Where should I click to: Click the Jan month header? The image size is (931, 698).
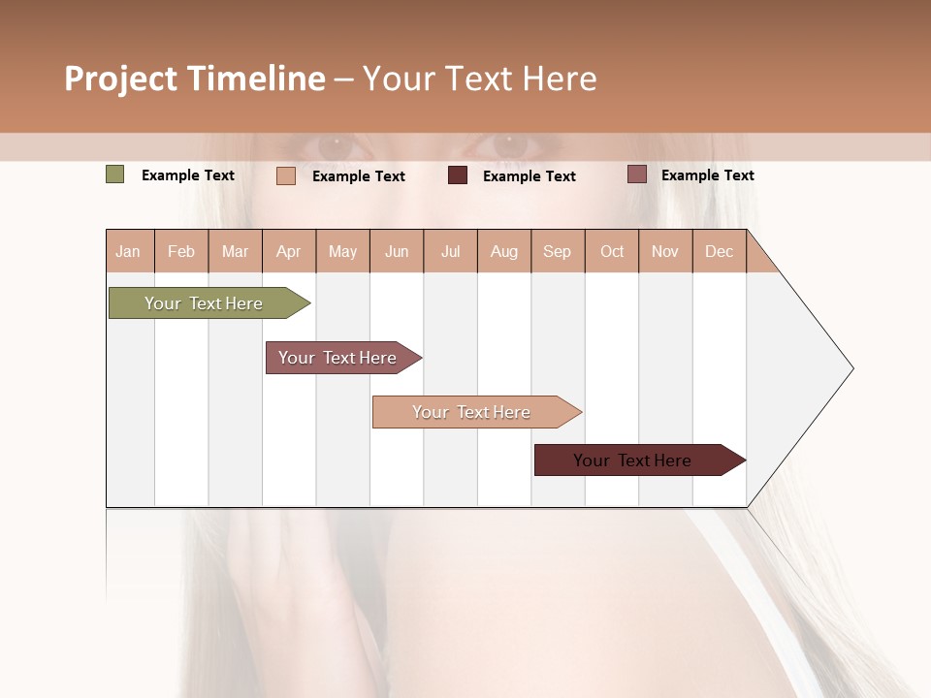pyautogui.click(x=128, y=251)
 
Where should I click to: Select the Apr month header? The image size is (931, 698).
pyautogui.click(x=289, y=251)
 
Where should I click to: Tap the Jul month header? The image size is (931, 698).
pyautogui.click(x=450, y=251)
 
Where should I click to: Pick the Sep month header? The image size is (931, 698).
pyautogui.click(x=557, y=251)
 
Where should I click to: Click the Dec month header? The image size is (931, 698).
pyautogui.click(x=719, y=251)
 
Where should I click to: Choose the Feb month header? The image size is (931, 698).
pyautogui.click(x=181, y=251)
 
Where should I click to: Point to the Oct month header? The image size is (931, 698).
pyautogui.click(x=612, y=251)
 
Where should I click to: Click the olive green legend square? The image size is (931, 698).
pyautogui.click(x=115, y=174)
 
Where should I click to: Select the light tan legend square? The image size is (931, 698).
pyautogui.click(x=286, y=175)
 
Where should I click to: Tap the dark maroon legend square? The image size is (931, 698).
pyautogui.click(x=458, y=175)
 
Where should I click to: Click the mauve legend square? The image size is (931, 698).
pyautogui.click(x=636, y=174)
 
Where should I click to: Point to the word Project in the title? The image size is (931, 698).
pyautogui.click(x=120, y=79)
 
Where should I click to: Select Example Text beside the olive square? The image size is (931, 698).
pyautogui.click(x=188, y=175)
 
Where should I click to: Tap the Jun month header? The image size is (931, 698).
pyautogui.click(x=397, y=251)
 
